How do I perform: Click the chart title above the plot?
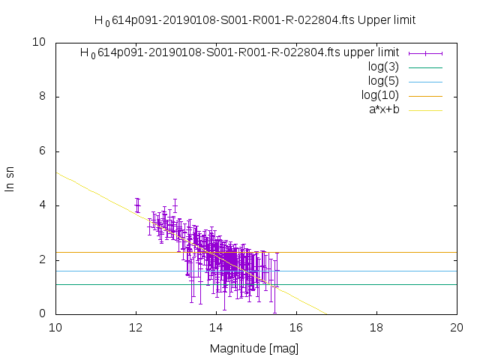click(x=255, y=20)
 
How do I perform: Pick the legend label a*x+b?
click(x=380, y=109)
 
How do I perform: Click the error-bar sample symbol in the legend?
click(x=425, y=52)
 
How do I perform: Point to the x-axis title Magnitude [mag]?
click(x=256, y=349)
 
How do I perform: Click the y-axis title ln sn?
click(x=10, y=178)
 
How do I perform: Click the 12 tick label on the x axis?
click(x=136, y=328)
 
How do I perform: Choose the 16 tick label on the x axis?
click(x=296, y=328)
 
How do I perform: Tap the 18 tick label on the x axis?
click(x=376, y=328)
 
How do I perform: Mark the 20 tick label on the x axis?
click(x=457, y=328)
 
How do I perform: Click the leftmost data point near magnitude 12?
click(x=136, y=205)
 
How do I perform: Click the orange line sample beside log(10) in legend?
click(x=425, y=95)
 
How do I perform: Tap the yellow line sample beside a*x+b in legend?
click(x=425, y=109)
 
